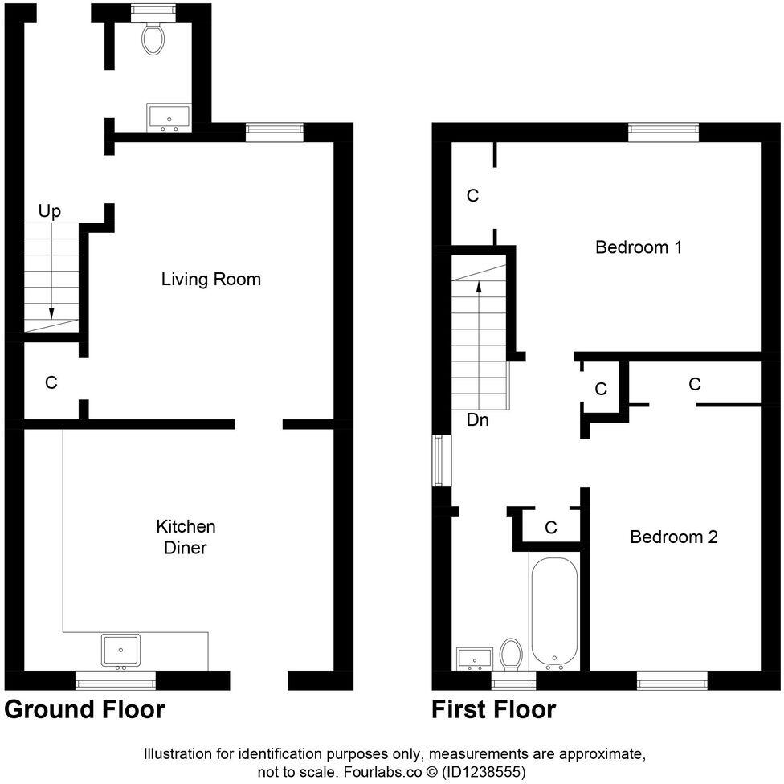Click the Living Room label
tap(210, 280)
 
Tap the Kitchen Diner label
tap(186, 537)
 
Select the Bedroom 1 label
tap(638, 247)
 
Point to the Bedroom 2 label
tap(673, 537)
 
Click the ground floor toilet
tap(153, 36)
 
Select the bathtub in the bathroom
tap(553, 614)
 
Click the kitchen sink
tap(120, 650)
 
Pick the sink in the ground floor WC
tap(169, 117)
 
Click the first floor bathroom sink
tap(473, 659)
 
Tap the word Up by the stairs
tap(50, 211)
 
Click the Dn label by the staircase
tap(477, 419)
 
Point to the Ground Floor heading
tap(84, 709)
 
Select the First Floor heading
tap(493, 709)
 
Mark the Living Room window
tap(275, 132)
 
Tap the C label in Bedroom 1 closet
tap(473, 195)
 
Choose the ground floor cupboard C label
tap(51, 383)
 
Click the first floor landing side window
tap(439, 460)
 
